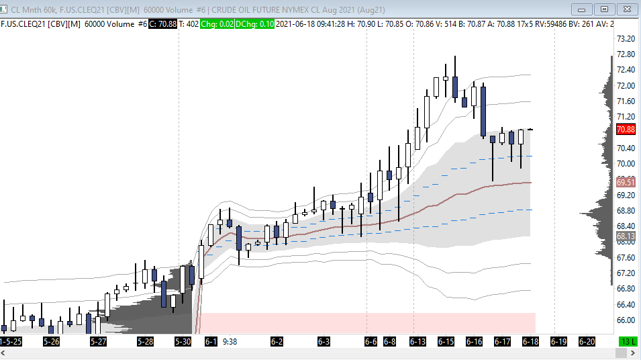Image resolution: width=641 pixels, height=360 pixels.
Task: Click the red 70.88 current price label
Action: [x=626, y=130]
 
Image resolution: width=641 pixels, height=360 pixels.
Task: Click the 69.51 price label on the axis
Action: [x=626, y=182]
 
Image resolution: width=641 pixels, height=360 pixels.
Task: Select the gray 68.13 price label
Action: [x=626, y=236]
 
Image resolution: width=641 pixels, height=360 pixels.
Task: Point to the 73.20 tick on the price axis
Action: [x=626, y=38]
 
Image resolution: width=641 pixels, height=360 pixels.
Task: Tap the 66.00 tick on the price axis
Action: [x=626, y=320]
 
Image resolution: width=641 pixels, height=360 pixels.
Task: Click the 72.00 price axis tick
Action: [x=626, y=85]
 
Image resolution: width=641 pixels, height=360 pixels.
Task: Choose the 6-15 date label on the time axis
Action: [x=446, y=342]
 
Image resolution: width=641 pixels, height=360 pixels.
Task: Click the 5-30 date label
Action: [x=183, y=342]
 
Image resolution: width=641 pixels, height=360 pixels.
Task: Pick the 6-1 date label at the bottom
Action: [x=211, y=342]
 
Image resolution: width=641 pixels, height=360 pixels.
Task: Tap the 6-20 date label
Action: [x=587, y=342]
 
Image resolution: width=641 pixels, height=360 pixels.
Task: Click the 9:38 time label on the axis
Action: [x=230, y=341]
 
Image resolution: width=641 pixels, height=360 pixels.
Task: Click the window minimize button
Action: [x=582, y=9]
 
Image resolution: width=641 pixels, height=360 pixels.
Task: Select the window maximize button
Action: [x=604, y=9]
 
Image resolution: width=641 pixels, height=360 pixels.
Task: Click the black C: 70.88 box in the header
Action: [x=162, y=24]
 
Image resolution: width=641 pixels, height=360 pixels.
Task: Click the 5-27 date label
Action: [x=99, y=342]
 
